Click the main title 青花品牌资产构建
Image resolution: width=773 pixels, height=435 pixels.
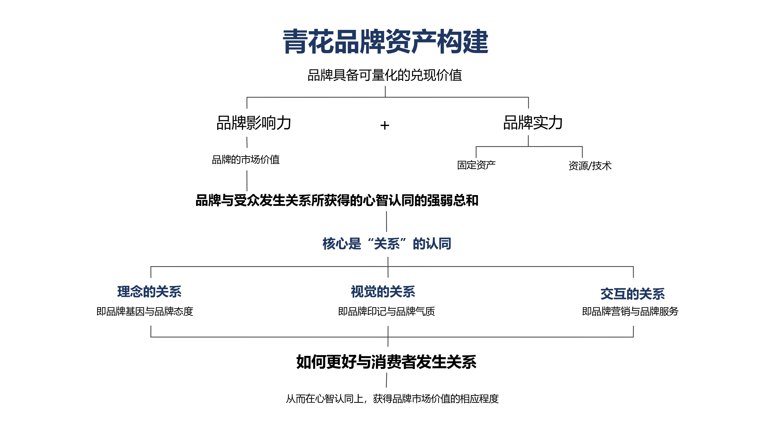click(x=386, y=42)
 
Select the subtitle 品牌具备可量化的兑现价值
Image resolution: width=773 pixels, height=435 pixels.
click(x=385, y=75)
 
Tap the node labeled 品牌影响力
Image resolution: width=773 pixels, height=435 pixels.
click(x=254, y=123)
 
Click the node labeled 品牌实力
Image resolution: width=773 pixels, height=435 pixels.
click(x=533, y=122)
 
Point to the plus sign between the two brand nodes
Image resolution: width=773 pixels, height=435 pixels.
click(x=385, y=126)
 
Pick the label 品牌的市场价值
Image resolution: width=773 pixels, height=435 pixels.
click(x=246, y=160)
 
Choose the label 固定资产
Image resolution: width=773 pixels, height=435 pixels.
click(x=476, y=165)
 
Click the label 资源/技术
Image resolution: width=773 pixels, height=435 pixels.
click(x=590, y=165)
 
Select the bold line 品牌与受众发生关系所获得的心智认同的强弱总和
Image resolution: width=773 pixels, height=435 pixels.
click(x=337, y=200)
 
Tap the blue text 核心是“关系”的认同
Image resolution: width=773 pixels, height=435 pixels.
click(x=387, y=244)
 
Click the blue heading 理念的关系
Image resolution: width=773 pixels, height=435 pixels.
click(x=149, y=291)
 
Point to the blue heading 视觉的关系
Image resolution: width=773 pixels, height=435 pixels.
click(x=383, y=291)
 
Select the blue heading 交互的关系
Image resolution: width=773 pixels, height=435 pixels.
click(x=633, y=294)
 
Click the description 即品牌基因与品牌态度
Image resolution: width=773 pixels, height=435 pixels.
click(x=145, y=311)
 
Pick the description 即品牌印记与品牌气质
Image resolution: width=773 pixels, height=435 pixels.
click(x=386, y=311)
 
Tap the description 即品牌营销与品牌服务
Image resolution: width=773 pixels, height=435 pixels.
click(x=630, y=311)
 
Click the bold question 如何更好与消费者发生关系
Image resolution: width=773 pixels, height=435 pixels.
click(x=386, y=362)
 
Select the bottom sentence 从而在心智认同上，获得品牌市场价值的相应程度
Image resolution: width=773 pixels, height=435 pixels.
click(x=392, y=399)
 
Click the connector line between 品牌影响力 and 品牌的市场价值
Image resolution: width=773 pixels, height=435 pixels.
click(x=247, y=142)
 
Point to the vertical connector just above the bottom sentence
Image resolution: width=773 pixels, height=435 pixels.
click(x=386, y=380)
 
